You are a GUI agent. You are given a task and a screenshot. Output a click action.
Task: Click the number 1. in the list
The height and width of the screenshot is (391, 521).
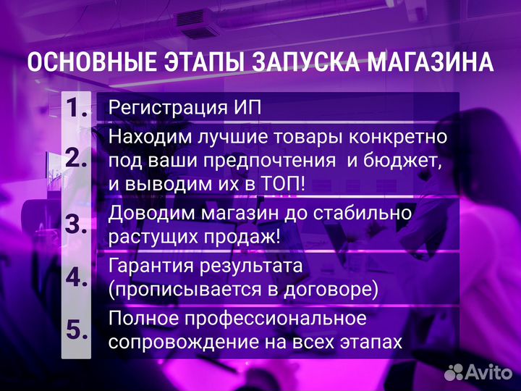coord(77,107)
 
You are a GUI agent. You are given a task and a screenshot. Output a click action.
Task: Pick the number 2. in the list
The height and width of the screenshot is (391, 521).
coord(77,159)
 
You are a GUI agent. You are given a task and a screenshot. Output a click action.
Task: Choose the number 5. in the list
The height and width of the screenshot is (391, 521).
coord(77,329)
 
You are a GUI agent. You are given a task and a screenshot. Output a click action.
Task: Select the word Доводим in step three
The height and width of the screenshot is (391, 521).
coord(149,213)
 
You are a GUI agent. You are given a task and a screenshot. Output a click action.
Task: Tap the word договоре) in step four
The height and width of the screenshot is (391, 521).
coord(339,290)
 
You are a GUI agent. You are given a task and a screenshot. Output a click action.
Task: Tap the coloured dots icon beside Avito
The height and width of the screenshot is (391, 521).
coord(454,371)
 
